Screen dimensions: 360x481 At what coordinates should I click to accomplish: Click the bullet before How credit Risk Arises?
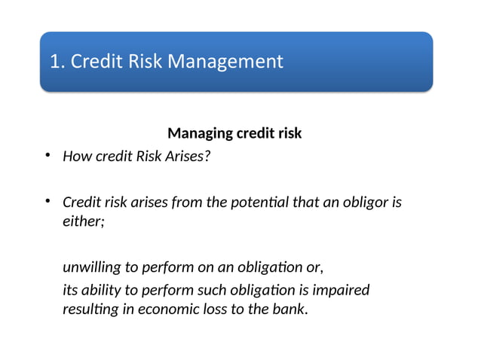click(46, 156)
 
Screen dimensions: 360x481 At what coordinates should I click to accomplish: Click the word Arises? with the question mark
click(188, 157)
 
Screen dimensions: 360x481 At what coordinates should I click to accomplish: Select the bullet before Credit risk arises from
click(46, 201)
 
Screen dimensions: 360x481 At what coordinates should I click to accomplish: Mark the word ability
click(100, 290)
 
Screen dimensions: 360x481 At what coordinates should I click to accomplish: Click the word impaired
click(343, 290)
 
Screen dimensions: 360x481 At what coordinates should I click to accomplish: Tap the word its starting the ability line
click(69, 290)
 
